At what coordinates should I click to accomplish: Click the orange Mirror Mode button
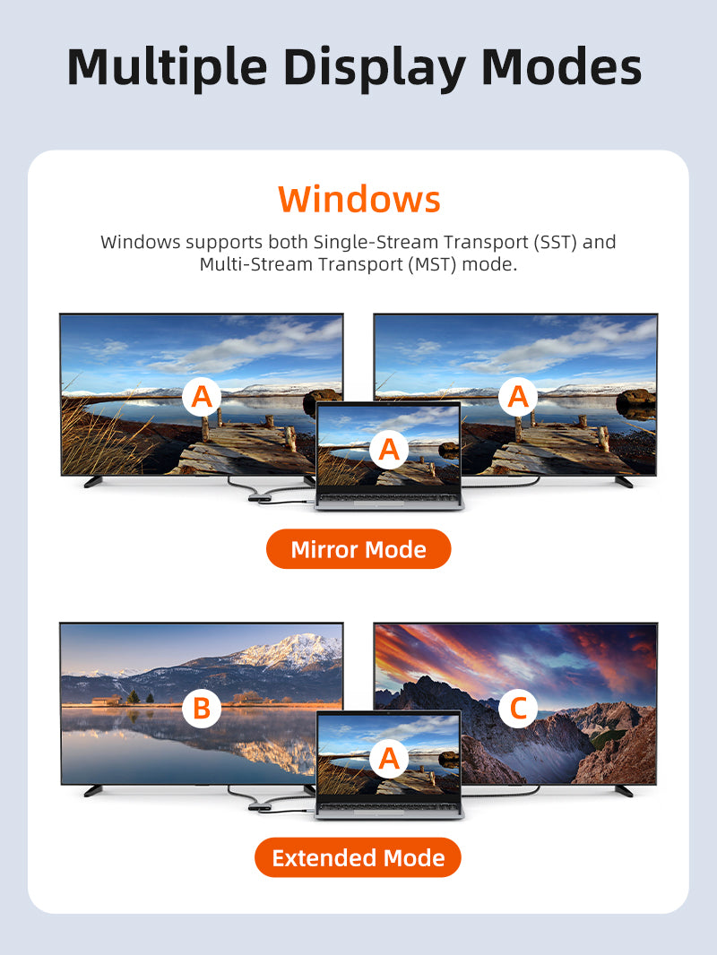pos(358,549)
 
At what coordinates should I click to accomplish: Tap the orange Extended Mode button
pos(358,857)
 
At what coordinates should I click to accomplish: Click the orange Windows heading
pos(358,199)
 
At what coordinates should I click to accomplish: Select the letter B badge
pos(202,709)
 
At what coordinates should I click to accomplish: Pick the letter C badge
pos(518,709)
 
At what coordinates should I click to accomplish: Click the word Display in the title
pos(375,67)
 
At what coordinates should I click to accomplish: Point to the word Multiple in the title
pos(168,67)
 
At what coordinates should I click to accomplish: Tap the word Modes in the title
pos(561,66)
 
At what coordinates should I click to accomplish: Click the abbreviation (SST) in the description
pos(555,242)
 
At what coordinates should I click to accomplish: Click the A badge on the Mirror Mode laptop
pos(389,450)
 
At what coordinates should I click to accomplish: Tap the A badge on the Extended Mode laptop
pos(389,758)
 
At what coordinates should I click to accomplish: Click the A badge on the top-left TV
pos(202,397)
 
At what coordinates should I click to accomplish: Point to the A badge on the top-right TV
pos(518,397)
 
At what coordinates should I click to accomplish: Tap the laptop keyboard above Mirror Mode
pos(389,498)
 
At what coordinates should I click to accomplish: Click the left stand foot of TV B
pos(93,790)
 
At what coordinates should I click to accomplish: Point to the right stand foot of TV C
pos(624,790)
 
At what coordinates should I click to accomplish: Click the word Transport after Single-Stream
pos(486,243)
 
